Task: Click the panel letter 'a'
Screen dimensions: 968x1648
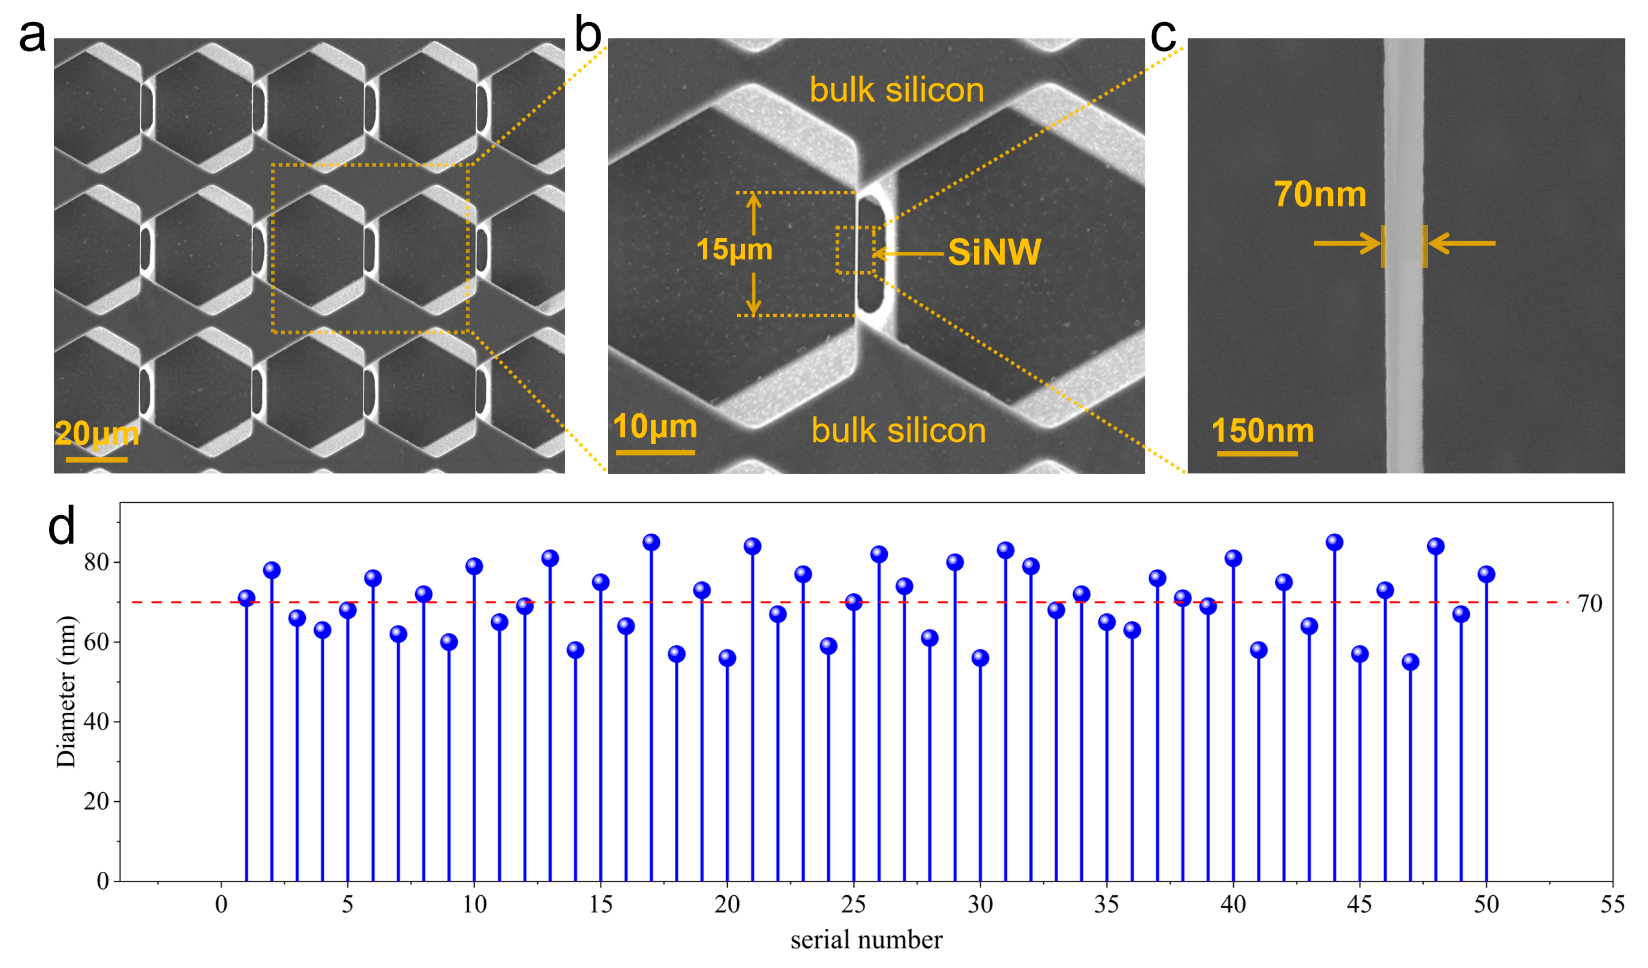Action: [x=31, y=36]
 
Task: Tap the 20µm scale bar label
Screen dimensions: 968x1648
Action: [x=97, y=433]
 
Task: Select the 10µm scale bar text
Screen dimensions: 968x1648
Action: [x=654, y=427]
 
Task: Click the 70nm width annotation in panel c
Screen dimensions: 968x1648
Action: [x=1320, y=194]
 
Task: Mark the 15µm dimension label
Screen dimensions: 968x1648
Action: [x=734, y=249]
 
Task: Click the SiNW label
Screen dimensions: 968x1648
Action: [x=994, y=252]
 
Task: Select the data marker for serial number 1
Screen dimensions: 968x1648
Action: [x=246, y=598]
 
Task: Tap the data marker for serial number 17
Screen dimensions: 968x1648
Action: [x=651, y=542]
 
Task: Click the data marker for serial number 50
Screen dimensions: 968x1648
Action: [x=1487, y=574]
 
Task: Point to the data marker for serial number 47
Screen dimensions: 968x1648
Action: [x=1411, y=662]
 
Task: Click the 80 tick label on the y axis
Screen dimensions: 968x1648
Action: [x=96, y=562]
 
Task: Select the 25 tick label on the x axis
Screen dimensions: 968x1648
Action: [x=853, y=905]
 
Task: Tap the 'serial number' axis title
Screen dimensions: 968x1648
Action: [x=867, y=940]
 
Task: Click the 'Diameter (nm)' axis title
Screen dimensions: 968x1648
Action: [x=66, y=691]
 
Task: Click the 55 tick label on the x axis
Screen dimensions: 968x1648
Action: [x=1612, y=905]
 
